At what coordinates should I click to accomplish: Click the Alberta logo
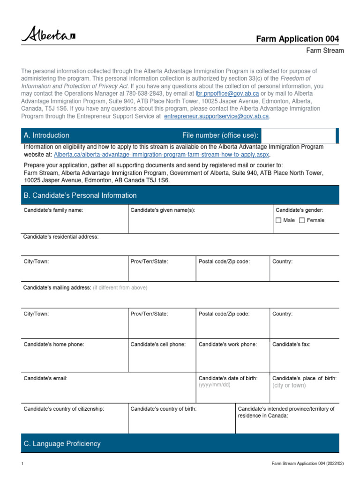pos(48,35)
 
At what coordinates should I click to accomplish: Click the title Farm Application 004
pos(297,39)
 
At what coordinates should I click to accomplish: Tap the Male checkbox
pos(278,220)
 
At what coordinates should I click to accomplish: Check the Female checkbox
pos(302,220)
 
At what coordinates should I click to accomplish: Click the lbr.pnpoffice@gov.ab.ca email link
pos(227,94)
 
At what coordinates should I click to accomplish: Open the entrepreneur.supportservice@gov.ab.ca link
pos(217,116)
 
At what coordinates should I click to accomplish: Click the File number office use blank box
pos(298,135)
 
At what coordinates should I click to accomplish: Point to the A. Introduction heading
pos(46,135)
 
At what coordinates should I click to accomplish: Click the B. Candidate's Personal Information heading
pos(80,195)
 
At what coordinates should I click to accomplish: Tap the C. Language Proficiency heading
pos(62,443)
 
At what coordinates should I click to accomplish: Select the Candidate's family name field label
pos(53,210)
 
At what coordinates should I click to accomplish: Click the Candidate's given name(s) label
pos(163,210)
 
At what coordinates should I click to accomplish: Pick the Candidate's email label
pos(46,378)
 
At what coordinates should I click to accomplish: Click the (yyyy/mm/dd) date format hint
pos(215,385)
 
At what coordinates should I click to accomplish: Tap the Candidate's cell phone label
pos(158,345)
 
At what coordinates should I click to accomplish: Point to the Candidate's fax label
pos(291,345)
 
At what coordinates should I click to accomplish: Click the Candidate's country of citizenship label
pos(64,409)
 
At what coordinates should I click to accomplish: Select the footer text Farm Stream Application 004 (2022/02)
pos(307,464)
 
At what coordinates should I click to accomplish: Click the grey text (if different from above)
pos(120,287)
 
